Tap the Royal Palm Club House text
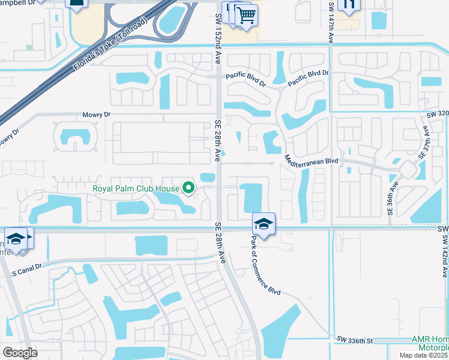(136, 188)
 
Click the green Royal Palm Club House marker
(188, 188)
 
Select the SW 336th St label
(355, 341)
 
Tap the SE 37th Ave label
(421, 139)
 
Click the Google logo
(20, 352)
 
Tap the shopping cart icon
(246, 16)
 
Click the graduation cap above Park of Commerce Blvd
(264, 223)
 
